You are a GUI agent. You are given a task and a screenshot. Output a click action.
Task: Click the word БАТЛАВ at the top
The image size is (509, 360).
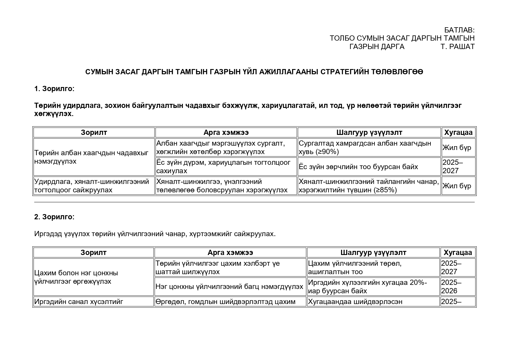(x=459, y=30)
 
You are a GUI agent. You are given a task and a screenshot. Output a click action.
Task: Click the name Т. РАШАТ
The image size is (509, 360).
(x=457, y=46)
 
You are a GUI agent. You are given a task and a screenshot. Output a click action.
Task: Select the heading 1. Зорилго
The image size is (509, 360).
(x=54, y=89)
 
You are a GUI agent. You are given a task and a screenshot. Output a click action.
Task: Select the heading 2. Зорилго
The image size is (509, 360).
(x=54, y=217)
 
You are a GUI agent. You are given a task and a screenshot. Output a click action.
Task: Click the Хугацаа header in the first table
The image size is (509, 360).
(x=459, y=133)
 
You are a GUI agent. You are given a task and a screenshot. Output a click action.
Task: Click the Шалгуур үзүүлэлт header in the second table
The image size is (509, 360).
(x=373, y=253)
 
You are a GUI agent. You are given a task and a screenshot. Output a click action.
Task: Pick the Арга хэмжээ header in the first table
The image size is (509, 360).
(x=226, y=133)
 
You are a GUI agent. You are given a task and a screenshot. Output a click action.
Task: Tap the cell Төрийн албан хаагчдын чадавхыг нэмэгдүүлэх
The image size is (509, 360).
(x=94, y=157)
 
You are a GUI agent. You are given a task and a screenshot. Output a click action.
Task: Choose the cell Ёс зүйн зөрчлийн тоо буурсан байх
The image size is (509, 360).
(x=358, y=167)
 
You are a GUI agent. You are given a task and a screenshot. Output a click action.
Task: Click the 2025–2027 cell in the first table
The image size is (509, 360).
(x=452, y=167)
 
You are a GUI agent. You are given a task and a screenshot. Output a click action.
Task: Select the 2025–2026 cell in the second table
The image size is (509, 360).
(x=451, y=287)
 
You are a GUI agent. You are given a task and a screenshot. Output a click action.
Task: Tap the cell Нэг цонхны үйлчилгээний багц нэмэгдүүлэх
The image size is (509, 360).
(x=229, y=287)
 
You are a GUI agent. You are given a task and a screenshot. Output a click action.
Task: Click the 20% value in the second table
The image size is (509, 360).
(x=417, y=283)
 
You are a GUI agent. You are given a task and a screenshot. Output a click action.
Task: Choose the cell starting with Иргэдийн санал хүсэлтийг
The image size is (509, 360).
(x=79, y=302)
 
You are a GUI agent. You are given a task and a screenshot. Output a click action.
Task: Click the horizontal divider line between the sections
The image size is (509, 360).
(x=254, y=202)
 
